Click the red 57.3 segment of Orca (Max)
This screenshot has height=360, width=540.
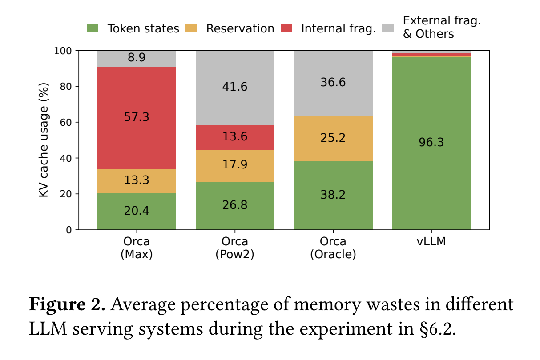click(x=137, y=118)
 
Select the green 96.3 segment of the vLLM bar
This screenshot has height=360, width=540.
click(x=431, y=143)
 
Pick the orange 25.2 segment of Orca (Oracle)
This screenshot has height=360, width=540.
click(x=333, y=138)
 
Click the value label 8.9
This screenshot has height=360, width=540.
click(x=137, y=58)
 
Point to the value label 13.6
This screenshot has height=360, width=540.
click(x=235, y=137)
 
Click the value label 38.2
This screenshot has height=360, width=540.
click(x=333, y=195)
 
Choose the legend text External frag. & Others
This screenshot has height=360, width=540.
click(x=442, y=27)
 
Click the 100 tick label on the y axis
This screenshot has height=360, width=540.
click(x=63, y=51)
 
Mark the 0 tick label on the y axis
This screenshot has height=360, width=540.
click(x=69, y=230)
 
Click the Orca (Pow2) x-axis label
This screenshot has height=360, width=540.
click(x=235, y=248)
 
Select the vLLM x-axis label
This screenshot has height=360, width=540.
click(x=431, y=242)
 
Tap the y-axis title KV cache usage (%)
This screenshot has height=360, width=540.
click(x=44, y=140)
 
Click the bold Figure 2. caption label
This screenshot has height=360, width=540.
click(x=67, y=305)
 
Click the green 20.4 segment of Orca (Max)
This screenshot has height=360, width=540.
click(x=137, y=211)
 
